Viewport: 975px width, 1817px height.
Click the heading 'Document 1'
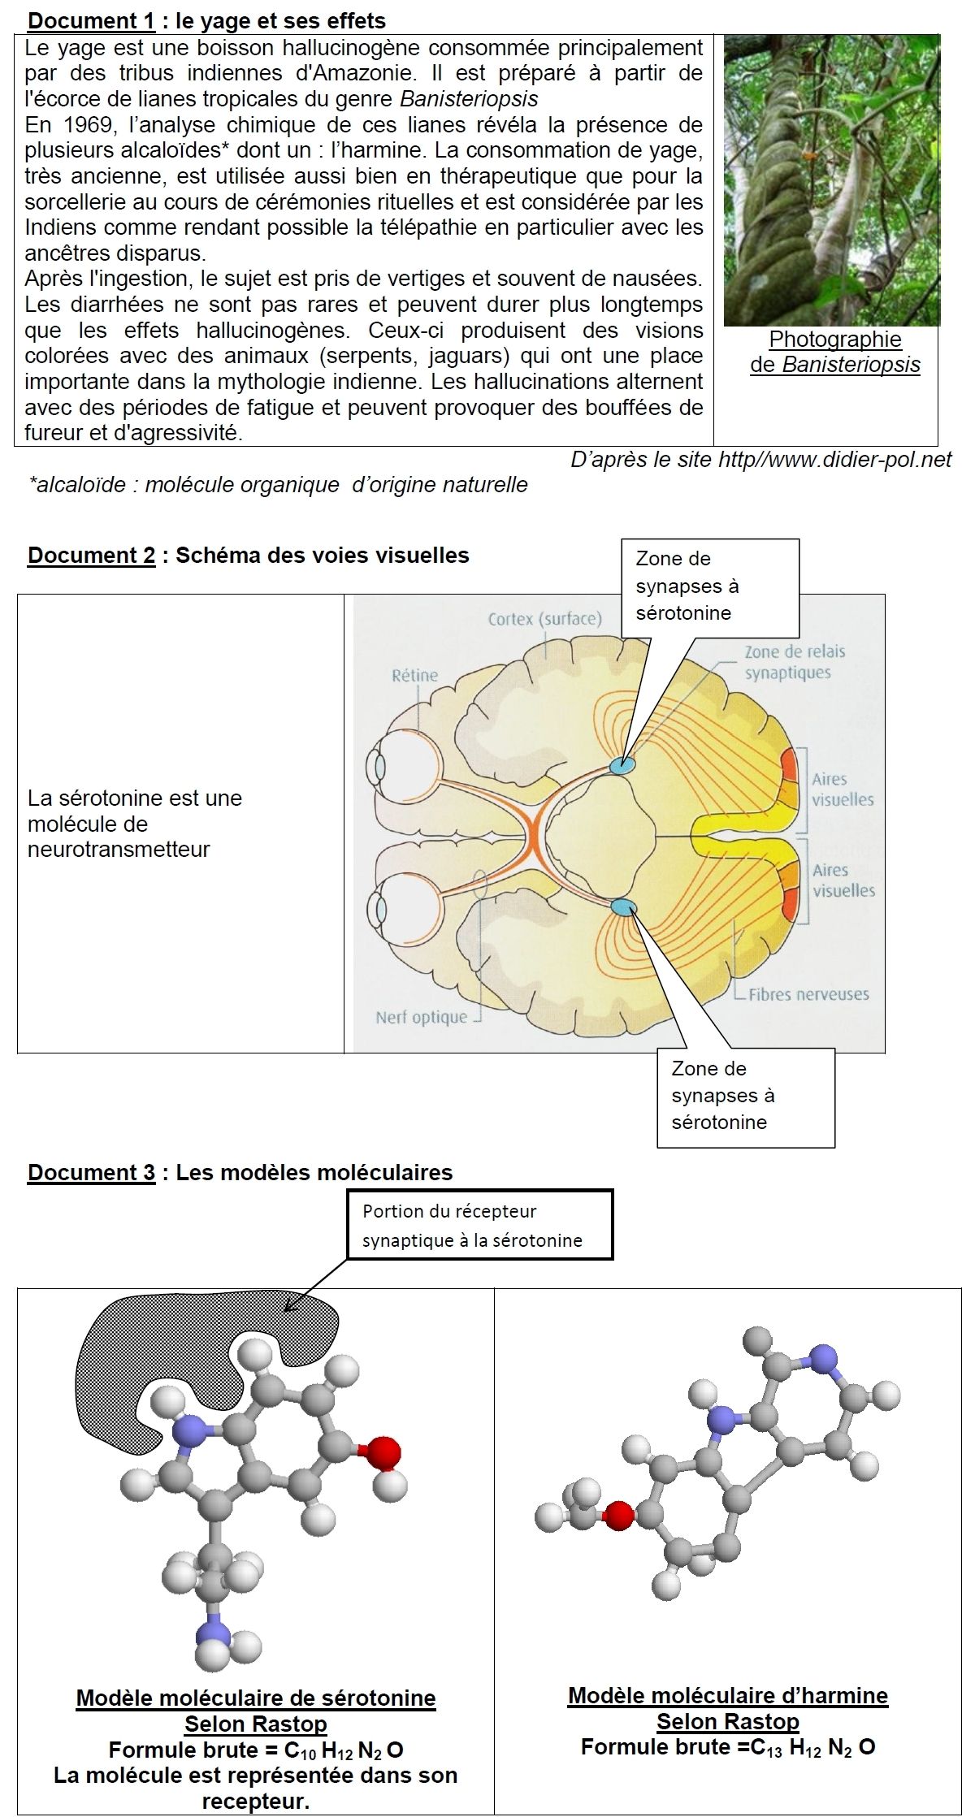[91, 20]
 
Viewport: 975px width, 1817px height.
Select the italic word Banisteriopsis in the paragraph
[469, 99]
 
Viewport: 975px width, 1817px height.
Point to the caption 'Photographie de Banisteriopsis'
[834, 352]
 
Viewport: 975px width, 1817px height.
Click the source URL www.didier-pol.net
[834, 460]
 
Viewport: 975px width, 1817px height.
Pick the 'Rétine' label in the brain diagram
[414, 675]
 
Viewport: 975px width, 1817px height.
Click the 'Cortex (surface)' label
[544, 619]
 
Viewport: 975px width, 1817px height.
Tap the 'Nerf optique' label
[421, 1017]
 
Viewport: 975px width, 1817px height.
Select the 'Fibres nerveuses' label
[808, 994]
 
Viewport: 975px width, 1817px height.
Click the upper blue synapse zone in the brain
[622, 764]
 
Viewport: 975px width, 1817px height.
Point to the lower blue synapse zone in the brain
[623, 907]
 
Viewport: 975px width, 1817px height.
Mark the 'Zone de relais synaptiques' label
[794, 662]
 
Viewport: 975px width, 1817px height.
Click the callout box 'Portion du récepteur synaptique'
[479, 1226]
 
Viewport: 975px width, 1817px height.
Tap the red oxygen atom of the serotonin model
[383, 1453]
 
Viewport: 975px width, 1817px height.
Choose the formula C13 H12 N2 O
[728, 1747]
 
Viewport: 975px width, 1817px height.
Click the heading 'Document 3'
[91, 1172]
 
